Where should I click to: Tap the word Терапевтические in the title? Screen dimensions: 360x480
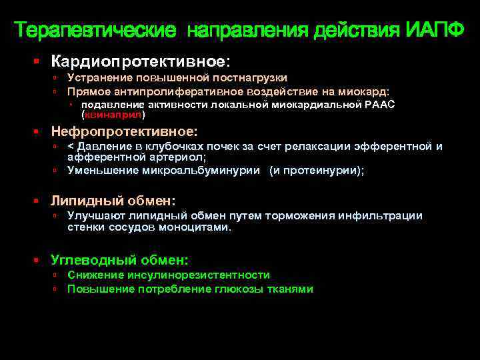point(96,30)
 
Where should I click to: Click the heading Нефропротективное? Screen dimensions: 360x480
point(124,131)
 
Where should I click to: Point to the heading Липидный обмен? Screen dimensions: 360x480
point(113,200)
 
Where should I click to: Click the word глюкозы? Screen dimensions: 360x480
point(239,289)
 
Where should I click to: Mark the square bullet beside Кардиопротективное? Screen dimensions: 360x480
point(37,61)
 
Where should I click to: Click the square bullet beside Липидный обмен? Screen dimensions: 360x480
point(37,201)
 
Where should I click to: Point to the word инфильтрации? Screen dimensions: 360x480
point(383,215)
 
